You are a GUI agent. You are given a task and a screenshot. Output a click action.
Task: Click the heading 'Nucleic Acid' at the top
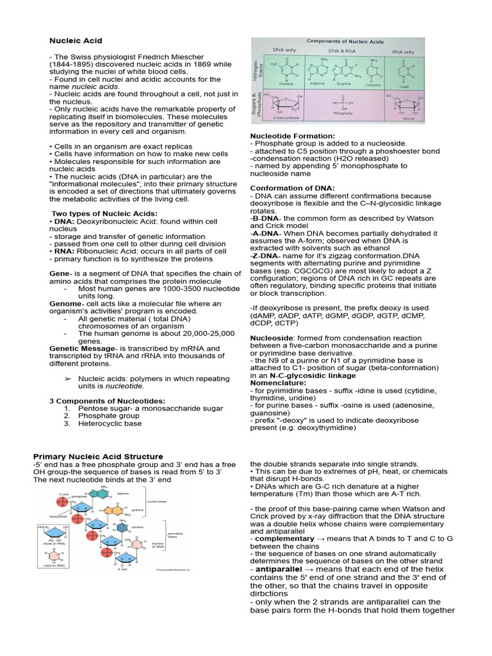76,41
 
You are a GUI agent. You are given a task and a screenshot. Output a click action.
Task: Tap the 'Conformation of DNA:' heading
292,188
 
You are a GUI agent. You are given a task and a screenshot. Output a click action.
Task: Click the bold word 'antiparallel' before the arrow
279,569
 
